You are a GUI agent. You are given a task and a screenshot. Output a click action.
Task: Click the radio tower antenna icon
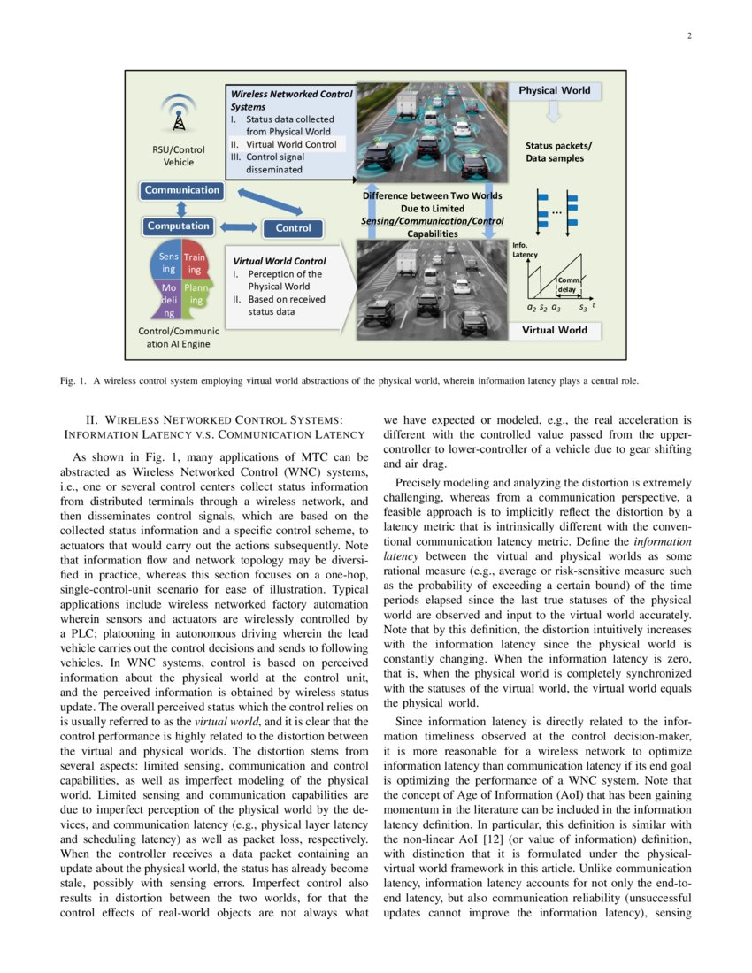[x=178, y=112]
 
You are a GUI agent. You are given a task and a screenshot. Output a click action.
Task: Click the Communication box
[x=181, y=190]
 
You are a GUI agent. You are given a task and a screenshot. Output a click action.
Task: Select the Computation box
[x=179, y=226]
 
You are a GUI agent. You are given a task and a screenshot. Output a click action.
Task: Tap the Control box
[x=293, y=228]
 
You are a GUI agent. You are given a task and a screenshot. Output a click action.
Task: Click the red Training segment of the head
[x=194, y=263]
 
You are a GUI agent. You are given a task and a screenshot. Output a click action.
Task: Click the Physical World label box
[x=554, y=91]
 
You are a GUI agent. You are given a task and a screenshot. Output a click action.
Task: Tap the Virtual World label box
[x=554, y=330]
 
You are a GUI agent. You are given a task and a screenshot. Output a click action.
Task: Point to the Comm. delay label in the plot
[x=568, y=284]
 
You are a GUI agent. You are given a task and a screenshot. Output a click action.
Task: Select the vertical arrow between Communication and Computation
[x=180, y=208]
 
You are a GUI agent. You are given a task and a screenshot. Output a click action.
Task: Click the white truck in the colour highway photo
[x=406, y=104]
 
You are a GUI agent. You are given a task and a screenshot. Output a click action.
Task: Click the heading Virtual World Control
[x=279, y=261]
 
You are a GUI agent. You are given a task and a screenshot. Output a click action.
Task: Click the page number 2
[x=687, y=36]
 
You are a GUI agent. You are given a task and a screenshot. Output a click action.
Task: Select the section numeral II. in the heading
[x=90, y=419]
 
